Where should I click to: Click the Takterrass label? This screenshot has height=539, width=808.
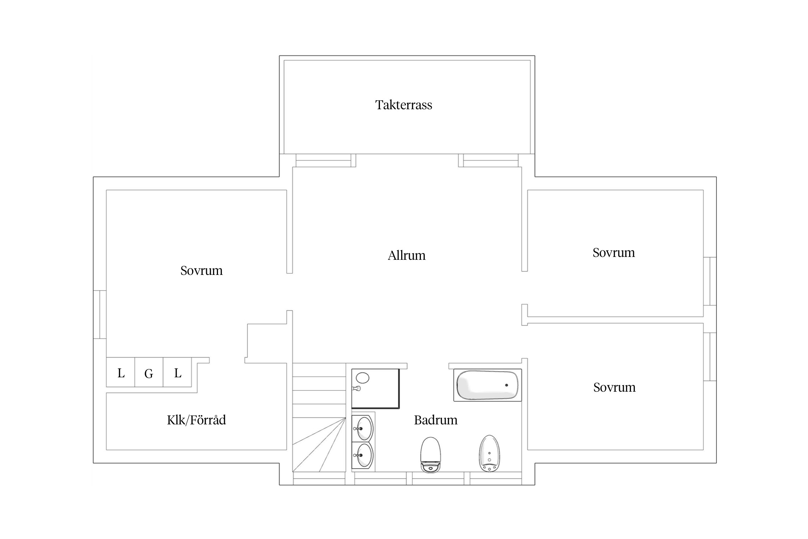[404, 105]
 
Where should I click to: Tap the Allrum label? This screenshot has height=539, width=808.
[407, 255]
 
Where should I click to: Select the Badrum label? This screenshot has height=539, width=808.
[436, 420]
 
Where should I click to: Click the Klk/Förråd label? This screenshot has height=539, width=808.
[196, 420]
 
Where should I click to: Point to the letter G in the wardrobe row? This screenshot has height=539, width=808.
[149, 374]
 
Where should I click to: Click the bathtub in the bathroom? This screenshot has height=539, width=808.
[487, 385]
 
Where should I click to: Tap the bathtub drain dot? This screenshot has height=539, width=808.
[507, 385]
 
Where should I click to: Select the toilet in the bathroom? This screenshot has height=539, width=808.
[430, 455]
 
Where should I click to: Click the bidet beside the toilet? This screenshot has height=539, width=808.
[489, 453]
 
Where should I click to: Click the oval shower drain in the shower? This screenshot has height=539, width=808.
[363, 378]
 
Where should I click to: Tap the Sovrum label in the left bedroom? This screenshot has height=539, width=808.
[201, 271]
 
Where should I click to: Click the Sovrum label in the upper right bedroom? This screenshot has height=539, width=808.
[614, 253]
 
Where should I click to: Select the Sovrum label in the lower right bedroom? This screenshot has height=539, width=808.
[614, 387]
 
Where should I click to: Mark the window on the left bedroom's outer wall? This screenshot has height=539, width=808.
[100, 314]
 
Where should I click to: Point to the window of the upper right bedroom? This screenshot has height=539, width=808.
[710, 281]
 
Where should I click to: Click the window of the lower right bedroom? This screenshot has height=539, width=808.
[710, 357]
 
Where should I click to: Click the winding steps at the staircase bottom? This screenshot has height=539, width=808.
[319, 444]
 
